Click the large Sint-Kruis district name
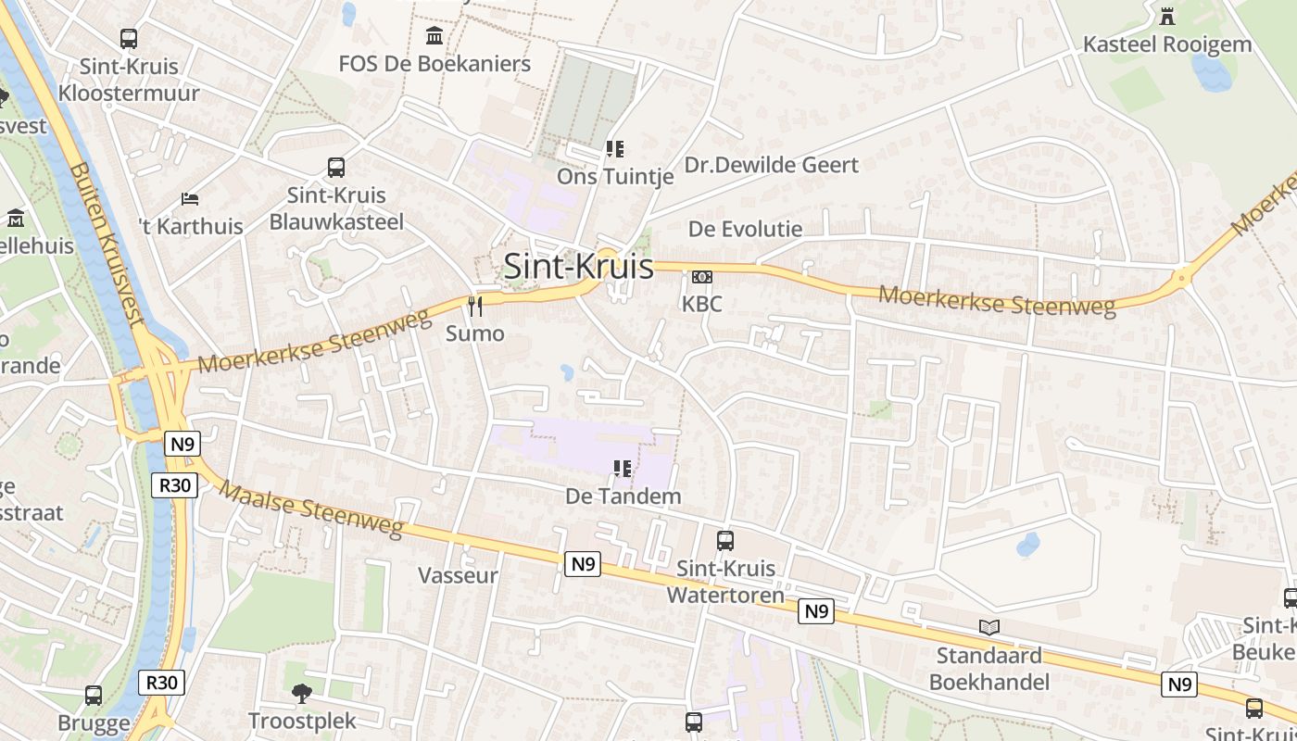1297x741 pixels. tap(578, 267)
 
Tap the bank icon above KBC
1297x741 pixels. tap(702, 277)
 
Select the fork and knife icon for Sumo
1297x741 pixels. tap(475, 307)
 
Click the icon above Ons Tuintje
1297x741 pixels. tap(614, 148)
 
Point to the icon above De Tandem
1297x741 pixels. tap(623, 469)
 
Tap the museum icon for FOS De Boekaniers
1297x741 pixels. tap(434, 36)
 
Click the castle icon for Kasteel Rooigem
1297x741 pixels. tap(1166, 16)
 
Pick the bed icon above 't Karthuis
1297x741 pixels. tap(190, 198)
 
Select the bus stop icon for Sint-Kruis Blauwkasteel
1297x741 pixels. tap(336, 168)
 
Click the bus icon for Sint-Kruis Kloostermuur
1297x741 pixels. tap(129, 39)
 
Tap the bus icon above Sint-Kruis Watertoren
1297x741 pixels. tap(725, 540)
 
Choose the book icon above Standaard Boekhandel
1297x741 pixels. tap(989, 627)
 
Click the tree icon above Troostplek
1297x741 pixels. tap(301, 693)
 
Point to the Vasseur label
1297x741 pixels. tap(458, 575)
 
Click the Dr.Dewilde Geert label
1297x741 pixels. tap(772, 165)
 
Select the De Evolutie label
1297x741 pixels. tap(745, 229)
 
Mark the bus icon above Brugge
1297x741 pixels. tap(94, 696)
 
